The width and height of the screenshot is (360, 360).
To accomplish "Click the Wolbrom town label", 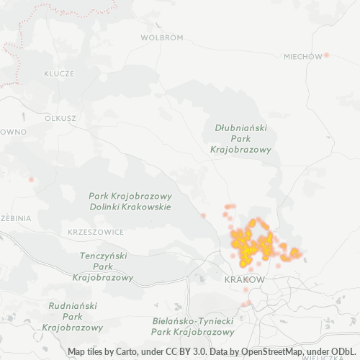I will coord(161,37).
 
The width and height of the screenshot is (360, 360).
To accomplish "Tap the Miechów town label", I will coord(302,56).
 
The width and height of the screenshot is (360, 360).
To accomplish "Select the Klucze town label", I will coord(59,73).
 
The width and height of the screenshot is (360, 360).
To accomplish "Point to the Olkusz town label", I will coord(60,117).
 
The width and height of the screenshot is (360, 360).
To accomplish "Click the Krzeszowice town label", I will coord(94,232).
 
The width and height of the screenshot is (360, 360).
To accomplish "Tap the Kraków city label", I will coord(245,279).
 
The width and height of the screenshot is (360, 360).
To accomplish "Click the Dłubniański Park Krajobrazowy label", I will coord(240,138).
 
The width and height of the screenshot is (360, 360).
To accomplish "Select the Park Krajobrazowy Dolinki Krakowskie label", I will coord(130,201).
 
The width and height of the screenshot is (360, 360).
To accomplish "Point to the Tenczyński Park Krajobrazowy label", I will coord(103,266).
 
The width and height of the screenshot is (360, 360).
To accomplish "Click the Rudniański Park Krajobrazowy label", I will coord(72,316).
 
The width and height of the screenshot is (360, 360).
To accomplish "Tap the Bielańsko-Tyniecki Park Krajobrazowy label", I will coord(194,326).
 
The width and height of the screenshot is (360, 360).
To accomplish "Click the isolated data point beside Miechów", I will coord(326,55).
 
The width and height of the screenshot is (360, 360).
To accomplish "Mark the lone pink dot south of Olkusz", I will coord(31,179).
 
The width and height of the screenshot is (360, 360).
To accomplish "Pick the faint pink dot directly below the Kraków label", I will coord(246,290).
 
